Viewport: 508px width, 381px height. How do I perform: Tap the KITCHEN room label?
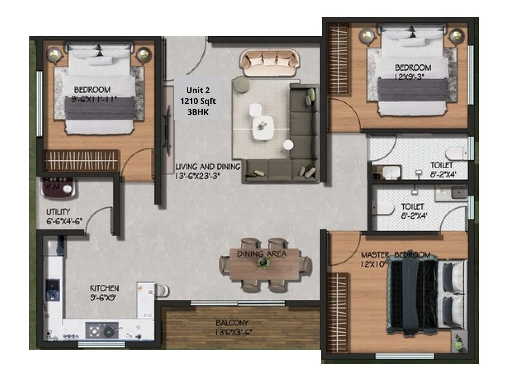[104, 288]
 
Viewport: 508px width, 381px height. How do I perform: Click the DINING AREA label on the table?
[262, 254]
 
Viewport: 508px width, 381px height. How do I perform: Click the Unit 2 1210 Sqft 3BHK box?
[198, 101]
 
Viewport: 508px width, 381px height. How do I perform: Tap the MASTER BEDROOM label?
[396, 255]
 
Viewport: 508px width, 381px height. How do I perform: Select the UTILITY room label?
[58, 212]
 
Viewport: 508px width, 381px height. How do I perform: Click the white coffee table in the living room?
[263, 128]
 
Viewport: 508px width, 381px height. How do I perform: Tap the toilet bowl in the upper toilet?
[455, 153]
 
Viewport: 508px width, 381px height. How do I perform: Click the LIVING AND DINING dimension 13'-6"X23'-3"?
[197, 176]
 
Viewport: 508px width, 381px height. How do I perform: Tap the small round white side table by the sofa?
[288, 145]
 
